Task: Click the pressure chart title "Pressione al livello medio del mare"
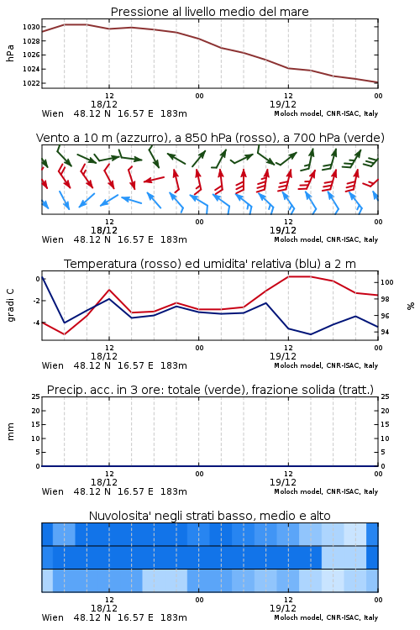coord(209,12)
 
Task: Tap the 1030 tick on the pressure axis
coord(31,27)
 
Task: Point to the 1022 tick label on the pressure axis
coord(31,83)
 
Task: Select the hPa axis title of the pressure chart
coord(10,53)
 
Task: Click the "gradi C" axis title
coord(10,305)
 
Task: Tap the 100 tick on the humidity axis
coord(387,282)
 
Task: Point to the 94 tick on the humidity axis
coord(385,332)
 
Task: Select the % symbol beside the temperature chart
coord(411,306)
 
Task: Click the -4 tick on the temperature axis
coord(37,323)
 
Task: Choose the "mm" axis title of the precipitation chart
coord(10,432)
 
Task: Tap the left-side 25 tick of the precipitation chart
coord(36,396)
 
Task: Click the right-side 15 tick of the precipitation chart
coord(385,424)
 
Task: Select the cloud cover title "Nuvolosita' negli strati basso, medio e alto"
coord(209,516)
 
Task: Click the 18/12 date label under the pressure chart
coord(104,104)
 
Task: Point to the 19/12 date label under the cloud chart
coord(283,608)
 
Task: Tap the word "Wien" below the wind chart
coord(53,239)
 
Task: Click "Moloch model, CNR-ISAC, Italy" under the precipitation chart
coord(326,491)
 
